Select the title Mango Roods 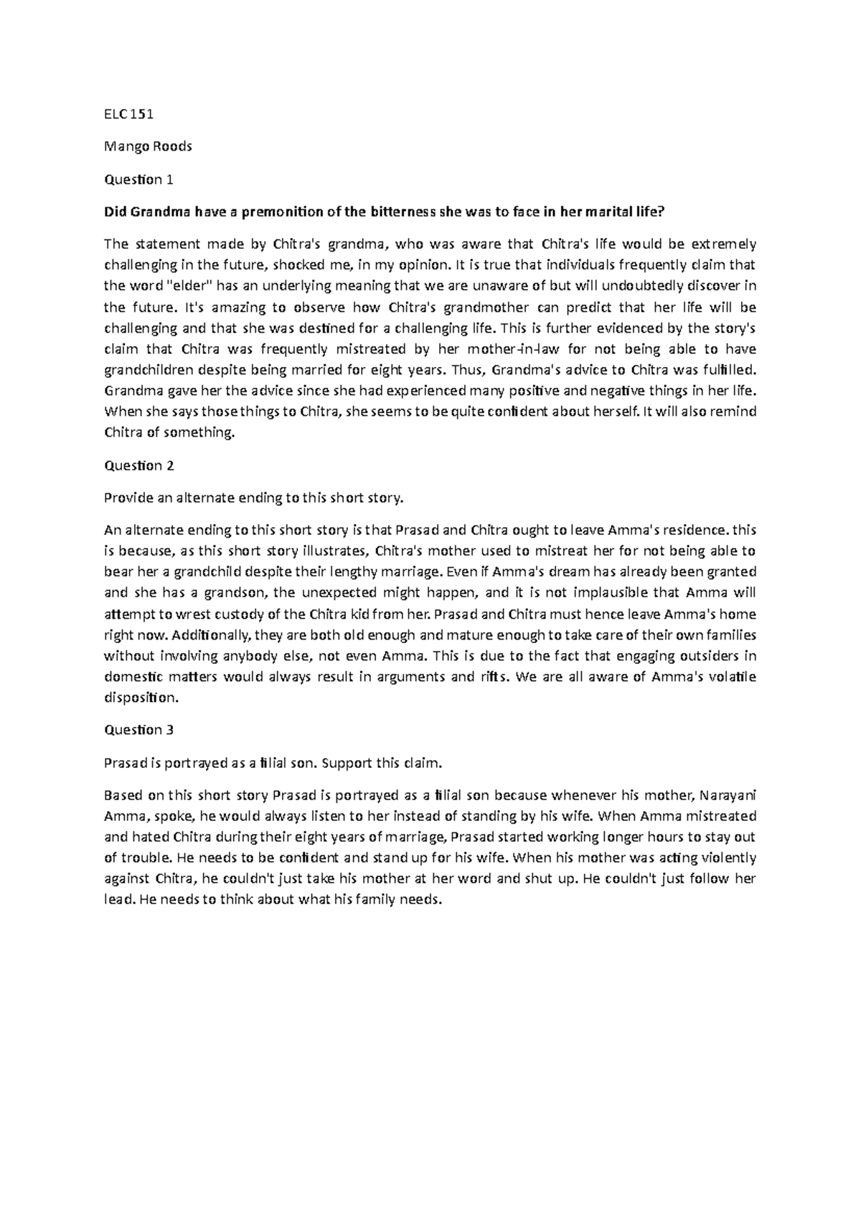148,146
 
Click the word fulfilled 725,371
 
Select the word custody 260,614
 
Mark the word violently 725,858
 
